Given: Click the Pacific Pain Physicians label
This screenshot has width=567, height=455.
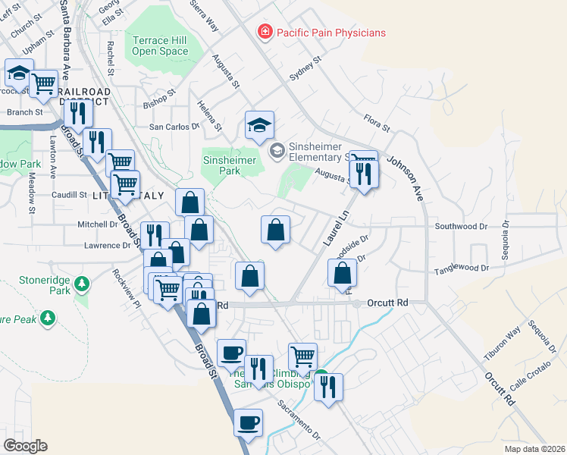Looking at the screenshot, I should coord(330,33).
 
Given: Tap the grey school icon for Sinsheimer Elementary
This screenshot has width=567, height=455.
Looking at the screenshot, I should coord(277,151).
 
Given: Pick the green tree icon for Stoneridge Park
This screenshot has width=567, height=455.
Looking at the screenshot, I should coord(81,284).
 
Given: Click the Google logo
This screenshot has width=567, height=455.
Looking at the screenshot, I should coord(26,445).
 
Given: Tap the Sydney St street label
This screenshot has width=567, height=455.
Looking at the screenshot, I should coord(305,69).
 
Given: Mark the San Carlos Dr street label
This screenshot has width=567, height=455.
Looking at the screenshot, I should coord(174,127).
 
